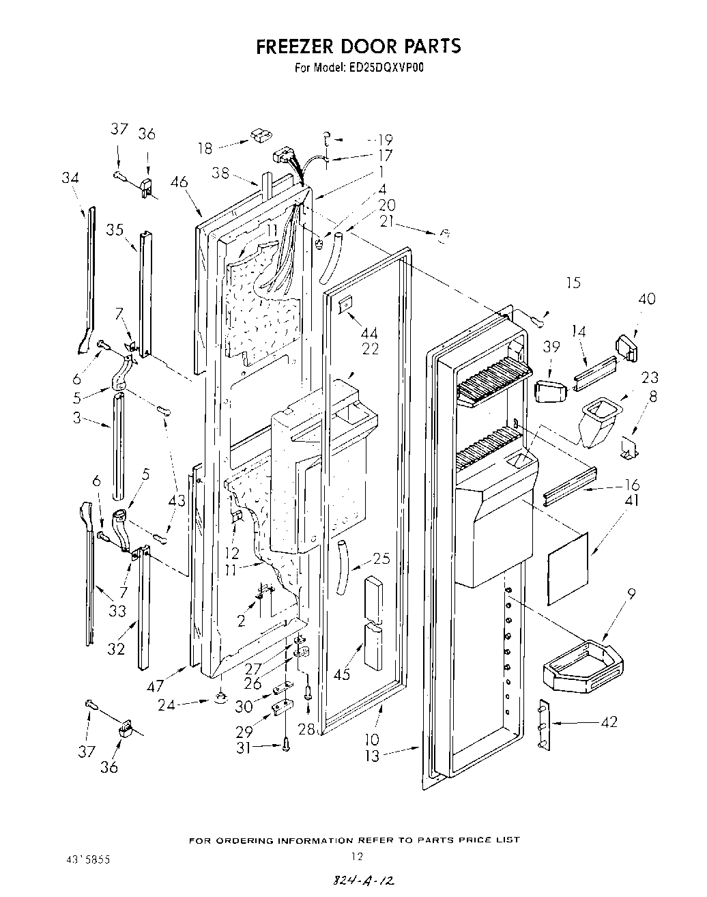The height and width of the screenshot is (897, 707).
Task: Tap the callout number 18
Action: (x=205, y=147)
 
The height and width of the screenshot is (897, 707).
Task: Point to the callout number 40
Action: (x=647, y=299)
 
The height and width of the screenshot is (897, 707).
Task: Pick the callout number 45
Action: (x=342, y=674)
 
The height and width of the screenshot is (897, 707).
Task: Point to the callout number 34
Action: (x=70, y=178)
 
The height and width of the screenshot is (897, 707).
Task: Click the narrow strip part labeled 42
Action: (x=545, y=724)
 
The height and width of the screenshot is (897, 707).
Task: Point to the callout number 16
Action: (x=632, y=485)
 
